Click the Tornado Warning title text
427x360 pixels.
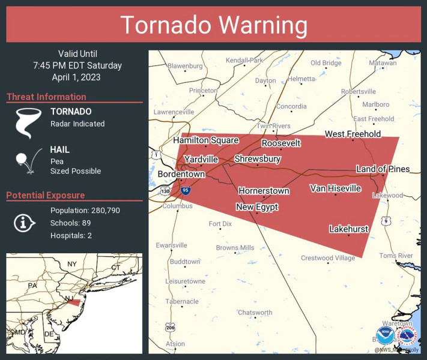click(x=214, y=25)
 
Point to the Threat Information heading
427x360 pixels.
click(x=46, y=97)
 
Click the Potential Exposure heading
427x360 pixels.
click(x=46, y=195)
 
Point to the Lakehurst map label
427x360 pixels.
click(x=348, y=229)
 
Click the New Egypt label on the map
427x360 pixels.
click(x=257, y=207)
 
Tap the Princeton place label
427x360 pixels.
click(x=203, y=91)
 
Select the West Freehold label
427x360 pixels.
click(x=353, y=134)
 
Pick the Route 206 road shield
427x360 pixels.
click(x=171, y=327)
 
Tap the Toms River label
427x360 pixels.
click(x=396, y=256)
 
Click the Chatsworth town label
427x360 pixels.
click(x=255, y=313)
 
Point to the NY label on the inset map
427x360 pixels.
click(x=72, y=264)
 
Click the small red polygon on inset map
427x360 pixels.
click(x=73, y=302)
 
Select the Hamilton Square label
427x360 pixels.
click(x=206, y=140)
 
